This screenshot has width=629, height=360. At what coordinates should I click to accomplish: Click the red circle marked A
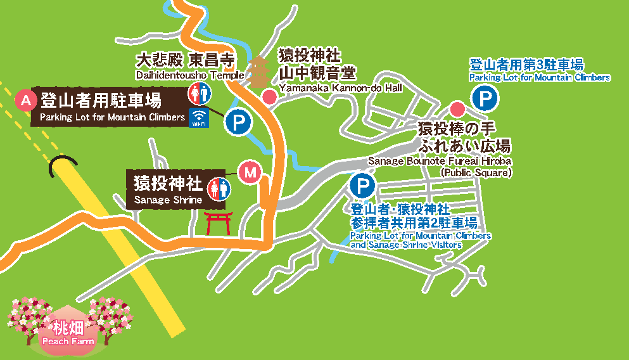[26, 100]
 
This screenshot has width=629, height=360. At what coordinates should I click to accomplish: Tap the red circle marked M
[251, 171]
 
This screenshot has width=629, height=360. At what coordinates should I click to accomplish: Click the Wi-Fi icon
[200, 117]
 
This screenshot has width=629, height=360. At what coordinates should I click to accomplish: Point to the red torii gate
[216, 222]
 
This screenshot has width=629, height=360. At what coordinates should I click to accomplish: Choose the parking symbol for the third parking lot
[485, 99]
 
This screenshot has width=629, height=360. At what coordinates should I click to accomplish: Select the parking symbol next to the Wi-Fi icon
[238, 122]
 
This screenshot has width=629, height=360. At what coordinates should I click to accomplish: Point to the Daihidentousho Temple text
[189, 75]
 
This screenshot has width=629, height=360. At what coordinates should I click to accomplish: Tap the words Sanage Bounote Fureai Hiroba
[440, 161]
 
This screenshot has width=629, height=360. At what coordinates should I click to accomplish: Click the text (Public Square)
[476, 172]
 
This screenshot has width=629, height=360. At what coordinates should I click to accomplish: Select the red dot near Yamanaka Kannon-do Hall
[269, 96]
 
